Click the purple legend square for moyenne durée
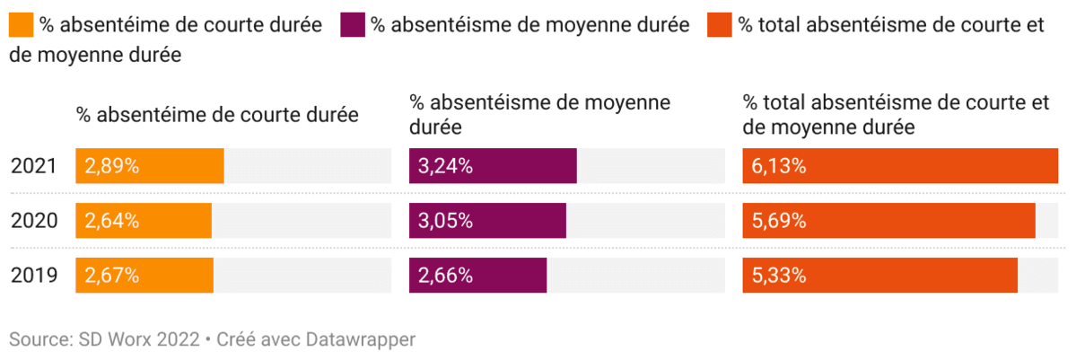pos(353,25)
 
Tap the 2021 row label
pos(34,166)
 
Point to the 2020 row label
pos(34,221)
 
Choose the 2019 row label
pos(34,276)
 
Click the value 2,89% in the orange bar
pos(112,166)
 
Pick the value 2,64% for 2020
pos(112,221)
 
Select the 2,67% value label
pos(112,276)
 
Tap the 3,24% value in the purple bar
pos(446,166)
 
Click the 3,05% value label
pos(446,221)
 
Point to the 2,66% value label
pos(446,276)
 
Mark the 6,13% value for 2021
pos(779,166)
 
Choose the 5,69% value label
pos(779,221)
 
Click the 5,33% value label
pos(779,276)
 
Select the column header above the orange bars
pos(217,115)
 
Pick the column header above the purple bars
pos(539,115)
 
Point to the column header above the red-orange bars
pos(896,115)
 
